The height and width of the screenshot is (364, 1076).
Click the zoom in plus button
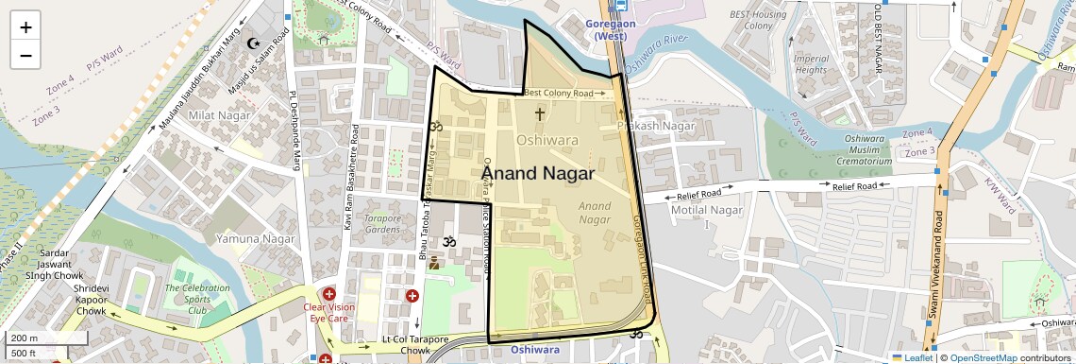(25, 27)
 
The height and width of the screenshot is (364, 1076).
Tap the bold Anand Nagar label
(538, 174)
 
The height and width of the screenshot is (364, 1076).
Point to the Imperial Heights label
(811, 64)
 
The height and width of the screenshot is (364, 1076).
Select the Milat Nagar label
(217, 115)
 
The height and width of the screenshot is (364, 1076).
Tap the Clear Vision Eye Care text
(329, 313)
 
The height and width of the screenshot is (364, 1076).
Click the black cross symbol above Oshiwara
(540, 114)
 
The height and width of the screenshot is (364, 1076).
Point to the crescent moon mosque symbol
(252, 43)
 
